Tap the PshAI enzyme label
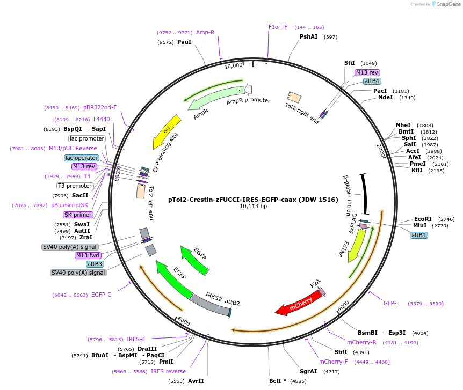(x=308, y=37)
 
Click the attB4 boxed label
(x=372, y=82)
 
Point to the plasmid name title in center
(x=252, y=199)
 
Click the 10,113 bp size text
(x=253, y=207)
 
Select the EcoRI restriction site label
(x=423, y=219)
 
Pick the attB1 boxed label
(x=419, y=236)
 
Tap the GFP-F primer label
(x=391, y=304)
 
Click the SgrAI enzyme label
(x=308, y=371)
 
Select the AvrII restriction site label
(x=196, y=381)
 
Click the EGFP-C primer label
(x=101, y=295)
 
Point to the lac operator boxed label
(x=82, y=158)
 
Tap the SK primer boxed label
(x=78, y=215)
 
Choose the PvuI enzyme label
(x=184, y=42)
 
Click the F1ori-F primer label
(x=278, y=27)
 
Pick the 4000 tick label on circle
(x=343, y=304)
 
